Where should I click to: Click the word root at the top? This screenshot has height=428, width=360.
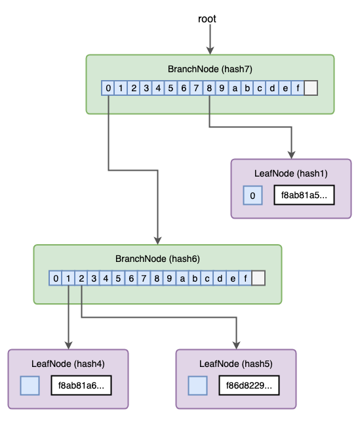207,19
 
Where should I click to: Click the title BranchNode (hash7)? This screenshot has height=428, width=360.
210,69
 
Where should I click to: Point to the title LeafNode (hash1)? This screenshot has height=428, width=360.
290,174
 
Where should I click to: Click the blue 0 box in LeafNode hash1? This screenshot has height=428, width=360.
252,196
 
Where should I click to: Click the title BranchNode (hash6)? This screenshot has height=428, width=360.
157,259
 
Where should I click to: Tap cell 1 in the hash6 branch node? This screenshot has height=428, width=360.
68,279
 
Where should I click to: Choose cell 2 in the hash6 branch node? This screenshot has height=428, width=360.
81,279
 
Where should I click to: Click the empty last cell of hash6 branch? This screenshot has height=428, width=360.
258,279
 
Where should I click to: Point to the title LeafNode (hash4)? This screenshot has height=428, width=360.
68,363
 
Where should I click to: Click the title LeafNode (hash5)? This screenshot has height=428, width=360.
235,363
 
